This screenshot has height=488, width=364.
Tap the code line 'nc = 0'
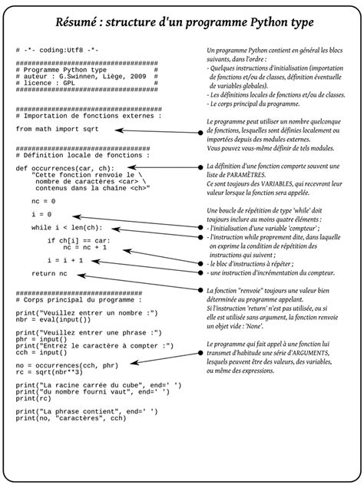44,200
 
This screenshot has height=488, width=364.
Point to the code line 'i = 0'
41,214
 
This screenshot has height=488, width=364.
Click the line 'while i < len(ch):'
66,228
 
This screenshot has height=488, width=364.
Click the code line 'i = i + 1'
65,260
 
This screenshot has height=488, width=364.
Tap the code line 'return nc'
49,274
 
